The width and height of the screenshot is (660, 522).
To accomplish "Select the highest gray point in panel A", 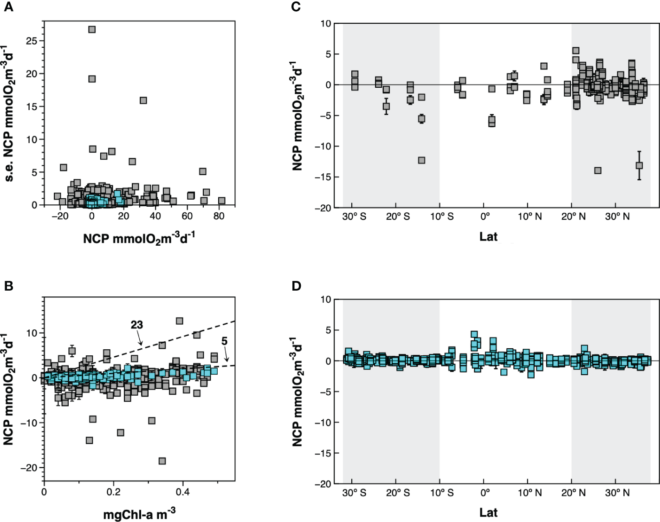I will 92,29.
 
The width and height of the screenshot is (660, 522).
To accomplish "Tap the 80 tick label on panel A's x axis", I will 219,216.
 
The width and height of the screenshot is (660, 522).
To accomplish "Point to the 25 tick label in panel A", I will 32,41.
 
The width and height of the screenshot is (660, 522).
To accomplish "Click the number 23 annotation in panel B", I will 136,325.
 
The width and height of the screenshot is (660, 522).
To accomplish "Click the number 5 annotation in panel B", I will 224,341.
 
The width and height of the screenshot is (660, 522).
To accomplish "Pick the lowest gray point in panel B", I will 162,461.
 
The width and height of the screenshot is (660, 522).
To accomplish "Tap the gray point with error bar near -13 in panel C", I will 639,165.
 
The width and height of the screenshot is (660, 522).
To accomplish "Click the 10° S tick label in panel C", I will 441,217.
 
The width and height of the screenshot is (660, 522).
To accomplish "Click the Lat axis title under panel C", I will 488,237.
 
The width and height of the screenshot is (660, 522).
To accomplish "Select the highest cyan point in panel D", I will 474,334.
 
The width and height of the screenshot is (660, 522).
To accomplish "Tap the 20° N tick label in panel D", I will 573,493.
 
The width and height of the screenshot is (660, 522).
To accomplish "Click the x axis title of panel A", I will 139,238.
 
